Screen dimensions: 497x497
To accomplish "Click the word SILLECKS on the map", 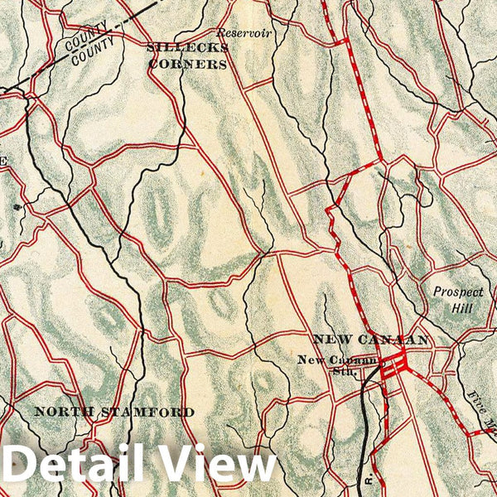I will point(176,48).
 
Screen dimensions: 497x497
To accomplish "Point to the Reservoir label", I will point(244,34).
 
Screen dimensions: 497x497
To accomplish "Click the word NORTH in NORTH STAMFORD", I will point(65,412).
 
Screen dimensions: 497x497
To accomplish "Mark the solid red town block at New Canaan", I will point(394,362).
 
